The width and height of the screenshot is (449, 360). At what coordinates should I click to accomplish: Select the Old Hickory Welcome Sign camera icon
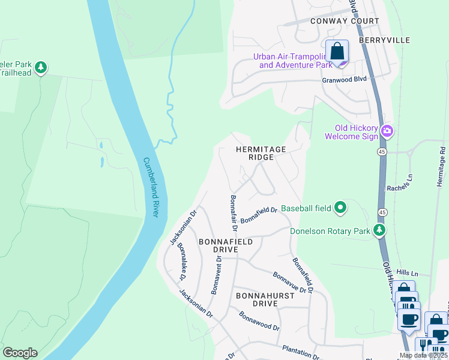tap(387, 131)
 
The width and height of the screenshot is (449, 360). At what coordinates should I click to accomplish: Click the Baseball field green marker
tap(340, 208)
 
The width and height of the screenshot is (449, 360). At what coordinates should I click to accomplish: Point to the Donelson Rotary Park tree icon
tap(379, 230)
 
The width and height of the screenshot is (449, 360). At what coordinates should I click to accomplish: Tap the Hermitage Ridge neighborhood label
tap(260, 152)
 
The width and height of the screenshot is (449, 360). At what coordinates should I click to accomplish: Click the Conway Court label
tap(345, 21)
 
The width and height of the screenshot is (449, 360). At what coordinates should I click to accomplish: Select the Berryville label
tap(384, 40)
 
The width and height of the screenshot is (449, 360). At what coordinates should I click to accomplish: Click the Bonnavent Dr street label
tap(217, 275)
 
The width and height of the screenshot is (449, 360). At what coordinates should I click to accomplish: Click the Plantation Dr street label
tap(301, 352)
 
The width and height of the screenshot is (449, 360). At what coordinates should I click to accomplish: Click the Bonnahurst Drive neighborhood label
tap(265, 299)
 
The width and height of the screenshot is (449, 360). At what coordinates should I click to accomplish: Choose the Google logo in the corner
tap(20, 353)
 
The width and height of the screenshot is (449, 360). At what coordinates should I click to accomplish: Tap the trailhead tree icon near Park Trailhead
tap(41, 67)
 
